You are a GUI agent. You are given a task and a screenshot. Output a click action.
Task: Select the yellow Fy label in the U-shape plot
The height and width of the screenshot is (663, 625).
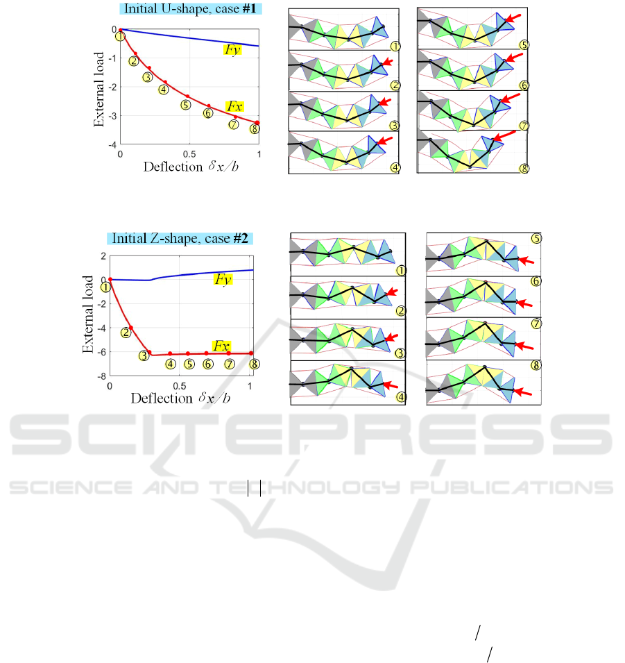click(x=232, y=50)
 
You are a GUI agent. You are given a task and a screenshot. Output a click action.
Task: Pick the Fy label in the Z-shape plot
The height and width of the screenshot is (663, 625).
click(x=221, y=279)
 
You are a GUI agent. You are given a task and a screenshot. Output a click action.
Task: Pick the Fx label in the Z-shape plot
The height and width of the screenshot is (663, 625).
click(x=221, y=345)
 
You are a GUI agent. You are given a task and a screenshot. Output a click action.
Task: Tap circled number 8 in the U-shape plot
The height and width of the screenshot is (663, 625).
click(x=255, y=128)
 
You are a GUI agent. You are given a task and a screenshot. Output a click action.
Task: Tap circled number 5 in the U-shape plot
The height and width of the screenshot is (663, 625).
click(x=185, y=105)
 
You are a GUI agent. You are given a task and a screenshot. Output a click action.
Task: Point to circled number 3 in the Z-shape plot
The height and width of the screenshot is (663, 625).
click(x=144, y=355)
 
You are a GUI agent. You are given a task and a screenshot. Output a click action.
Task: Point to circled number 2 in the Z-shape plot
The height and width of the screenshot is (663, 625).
click(x=126, y=333)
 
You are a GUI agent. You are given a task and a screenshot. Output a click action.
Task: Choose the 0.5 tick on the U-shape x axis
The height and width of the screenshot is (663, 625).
click(x=189, y=153)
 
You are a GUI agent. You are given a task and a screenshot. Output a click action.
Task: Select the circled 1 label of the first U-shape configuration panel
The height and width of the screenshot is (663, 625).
click(x=395, y=47)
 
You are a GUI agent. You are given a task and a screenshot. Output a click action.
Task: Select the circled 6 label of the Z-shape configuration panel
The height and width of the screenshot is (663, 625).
click(x=536, y=281)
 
